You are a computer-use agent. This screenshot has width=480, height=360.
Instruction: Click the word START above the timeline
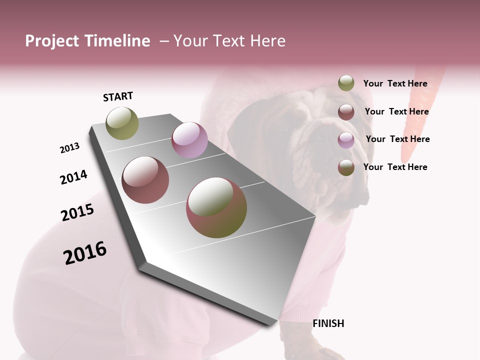118,96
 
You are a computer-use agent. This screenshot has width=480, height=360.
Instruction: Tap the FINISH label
328,323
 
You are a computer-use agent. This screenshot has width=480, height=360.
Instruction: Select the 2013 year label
69,148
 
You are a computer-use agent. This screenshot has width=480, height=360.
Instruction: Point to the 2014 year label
73,177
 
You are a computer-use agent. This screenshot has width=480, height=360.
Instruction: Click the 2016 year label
85,252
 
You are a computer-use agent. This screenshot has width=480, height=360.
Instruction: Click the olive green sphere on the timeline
122,123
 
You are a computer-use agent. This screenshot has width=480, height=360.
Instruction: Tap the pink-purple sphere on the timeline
189,140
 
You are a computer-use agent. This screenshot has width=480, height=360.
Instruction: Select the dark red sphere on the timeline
145,180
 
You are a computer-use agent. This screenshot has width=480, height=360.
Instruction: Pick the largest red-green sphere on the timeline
216,207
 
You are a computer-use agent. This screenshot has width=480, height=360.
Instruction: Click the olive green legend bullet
346,83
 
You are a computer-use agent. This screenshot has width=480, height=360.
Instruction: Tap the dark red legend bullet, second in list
346,111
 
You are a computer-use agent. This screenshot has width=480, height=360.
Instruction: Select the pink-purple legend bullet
346,139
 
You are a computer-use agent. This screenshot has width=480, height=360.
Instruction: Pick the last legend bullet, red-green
346,167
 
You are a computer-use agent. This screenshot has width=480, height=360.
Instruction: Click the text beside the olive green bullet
395,83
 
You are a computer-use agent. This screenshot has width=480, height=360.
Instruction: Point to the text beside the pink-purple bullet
397,139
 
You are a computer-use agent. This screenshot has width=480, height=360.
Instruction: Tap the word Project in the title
52,41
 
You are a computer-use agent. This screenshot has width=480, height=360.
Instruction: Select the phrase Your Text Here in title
229,41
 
